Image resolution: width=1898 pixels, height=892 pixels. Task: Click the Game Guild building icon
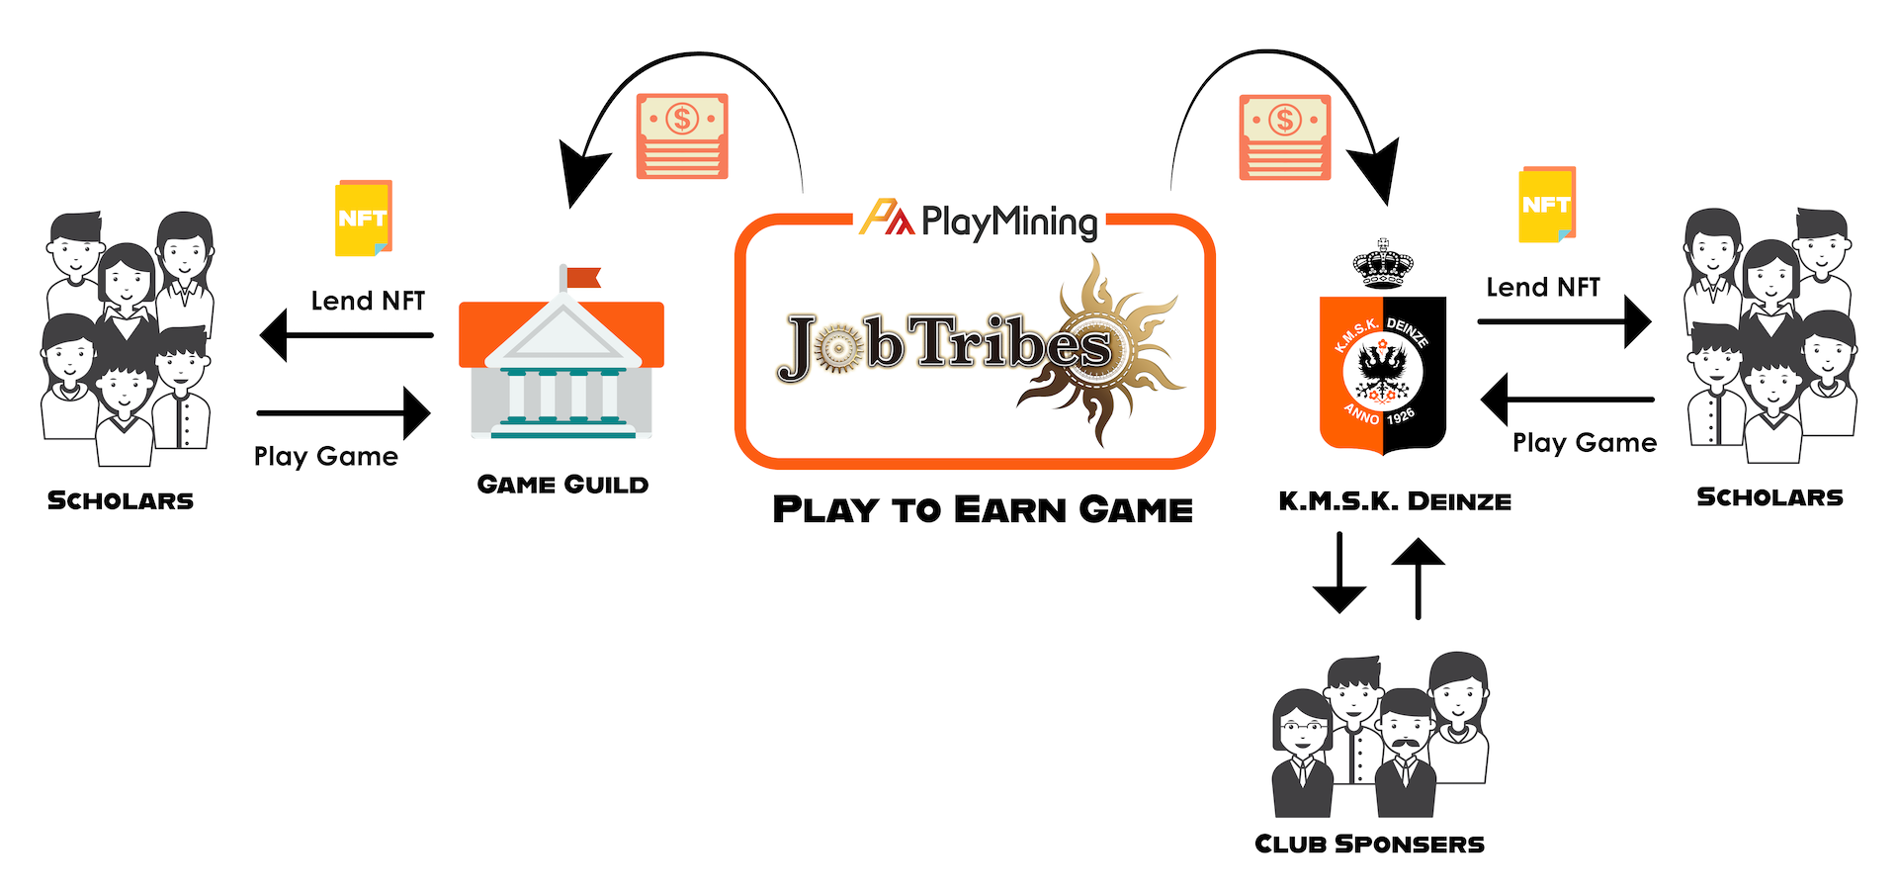561,366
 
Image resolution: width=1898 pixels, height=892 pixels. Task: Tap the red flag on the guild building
582,277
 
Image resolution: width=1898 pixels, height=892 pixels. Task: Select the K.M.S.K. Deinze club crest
1383,374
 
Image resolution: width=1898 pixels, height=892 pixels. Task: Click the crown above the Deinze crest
1383,264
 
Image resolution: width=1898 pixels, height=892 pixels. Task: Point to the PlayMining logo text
1008,222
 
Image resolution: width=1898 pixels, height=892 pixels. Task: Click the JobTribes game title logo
949,346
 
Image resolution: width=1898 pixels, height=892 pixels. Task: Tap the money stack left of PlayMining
682,136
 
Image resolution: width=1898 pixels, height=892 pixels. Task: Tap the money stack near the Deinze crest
1285,137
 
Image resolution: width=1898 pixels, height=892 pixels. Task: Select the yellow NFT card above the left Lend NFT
364,219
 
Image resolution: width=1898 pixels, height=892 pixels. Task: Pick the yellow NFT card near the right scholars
1546,205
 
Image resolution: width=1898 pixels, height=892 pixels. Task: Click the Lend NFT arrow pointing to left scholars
346,335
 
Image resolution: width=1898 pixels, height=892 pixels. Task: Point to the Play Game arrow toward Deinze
1567,400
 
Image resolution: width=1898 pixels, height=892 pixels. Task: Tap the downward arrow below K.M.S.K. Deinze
1339,574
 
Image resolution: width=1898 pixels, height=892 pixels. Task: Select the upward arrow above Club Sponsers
1418,578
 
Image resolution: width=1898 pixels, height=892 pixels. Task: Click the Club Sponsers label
1369,844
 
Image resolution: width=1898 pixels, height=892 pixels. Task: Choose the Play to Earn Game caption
983,509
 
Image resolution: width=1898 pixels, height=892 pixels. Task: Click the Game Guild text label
562,485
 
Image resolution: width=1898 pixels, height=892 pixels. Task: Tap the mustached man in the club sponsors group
1406,752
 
